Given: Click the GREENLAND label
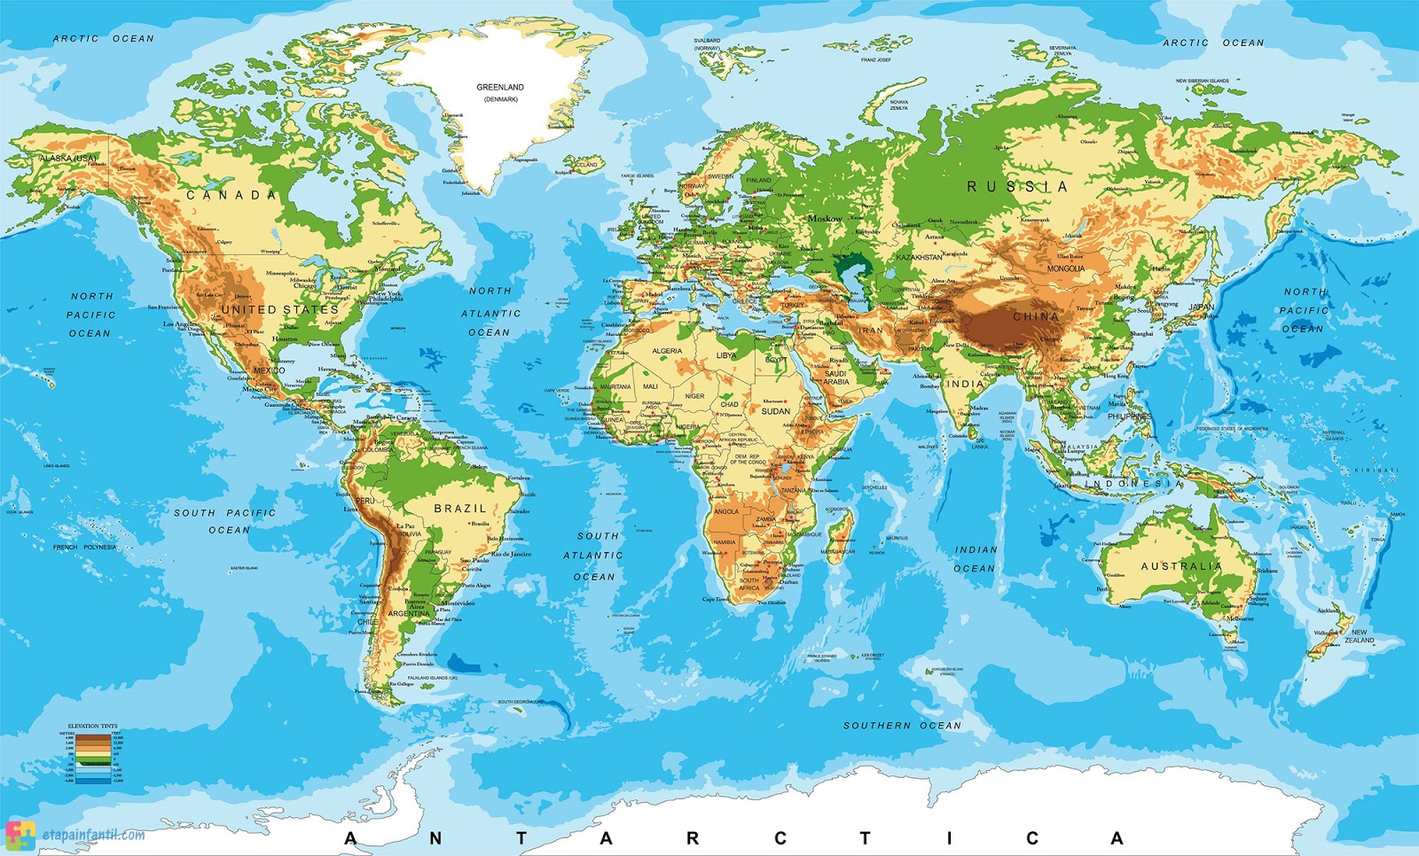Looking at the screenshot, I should pos(500,88).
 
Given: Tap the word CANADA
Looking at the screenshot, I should pos(231,195).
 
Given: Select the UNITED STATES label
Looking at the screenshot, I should pos(279,309).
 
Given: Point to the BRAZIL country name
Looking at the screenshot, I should pos(460,509).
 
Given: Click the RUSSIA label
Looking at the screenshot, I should pos(1016,187).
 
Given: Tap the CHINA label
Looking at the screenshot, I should pos(1036,316).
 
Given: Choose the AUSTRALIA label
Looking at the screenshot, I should pos(1181,566).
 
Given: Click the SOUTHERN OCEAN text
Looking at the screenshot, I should pos(902,726).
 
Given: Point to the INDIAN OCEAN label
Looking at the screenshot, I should pos(976,559).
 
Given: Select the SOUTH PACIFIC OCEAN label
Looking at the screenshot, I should pos(225,521).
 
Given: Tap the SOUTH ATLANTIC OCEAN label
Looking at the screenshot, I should pos(593,556).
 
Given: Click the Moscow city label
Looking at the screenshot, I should pos(825,218).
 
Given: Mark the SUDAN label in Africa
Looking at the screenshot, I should pos(775,411).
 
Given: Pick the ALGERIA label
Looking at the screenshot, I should pos(667,351).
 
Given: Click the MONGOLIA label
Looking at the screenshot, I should pos(1065,268).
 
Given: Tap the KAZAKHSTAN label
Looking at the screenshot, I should pos(919,257).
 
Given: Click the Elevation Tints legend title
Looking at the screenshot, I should pos(92,727).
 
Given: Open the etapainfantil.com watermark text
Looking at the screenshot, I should pos(93,835).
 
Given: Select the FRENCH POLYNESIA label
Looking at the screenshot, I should pos(84,548).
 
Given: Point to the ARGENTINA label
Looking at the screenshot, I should pos(409,613).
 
